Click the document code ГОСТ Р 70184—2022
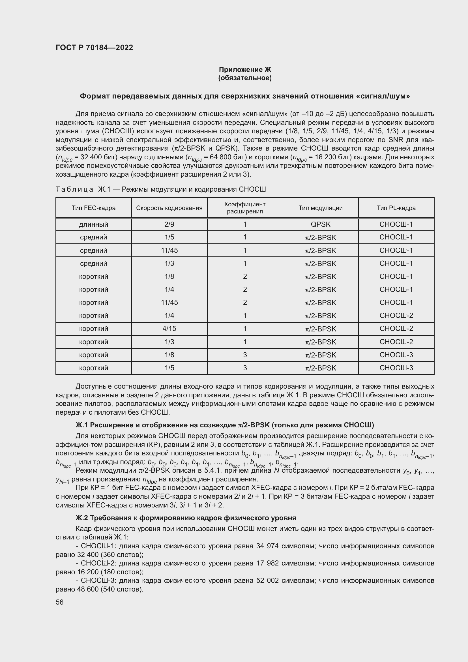[x=94, y=48]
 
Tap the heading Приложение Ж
[x=245, y=70]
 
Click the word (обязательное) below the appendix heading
[x=245, y=78]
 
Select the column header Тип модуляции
[x=321, y=208]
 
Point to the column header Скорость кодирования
[x=169, y=208]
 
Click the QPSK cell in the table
[x=321, y=224]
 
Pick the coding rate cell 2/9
[x=169, y=224]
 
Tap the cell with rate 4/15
[x=169, y=328]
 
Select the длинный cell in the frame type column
[x=93, y=224]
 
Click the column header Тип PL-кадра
[x=396, y=208]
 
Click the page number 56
[x=60, y=602]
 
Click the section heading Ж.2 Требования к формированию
[x=186, y=518]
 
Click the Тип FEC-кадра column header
[x=93, y=208]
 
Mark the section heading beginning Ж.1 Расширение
[x=224, y=425]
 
